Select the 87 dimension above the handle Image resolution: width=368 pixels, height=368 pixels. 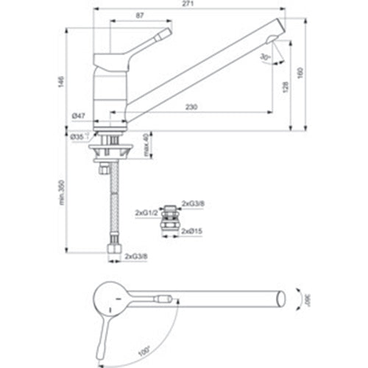coord(140,15)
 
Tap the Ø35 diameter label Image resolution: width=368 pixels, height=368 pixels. coord(77,136)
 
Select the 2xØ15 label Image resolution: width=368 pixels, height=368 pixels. coord(193,231)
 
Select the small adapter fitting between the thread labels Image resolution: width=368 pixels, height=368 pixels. coord(170,219)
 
